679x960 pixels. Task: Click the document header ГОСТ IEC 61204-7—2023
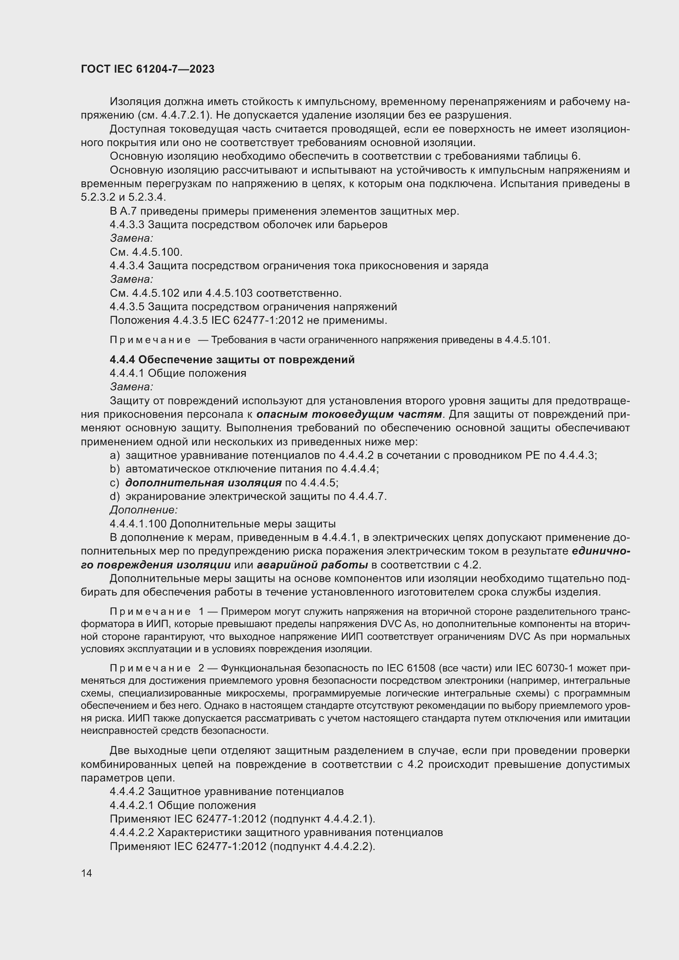point(148,69)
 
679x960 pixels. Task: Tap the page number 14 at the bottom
point(87,873)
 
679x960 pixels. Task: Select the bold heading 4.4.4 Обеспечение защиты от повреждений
point(232,360)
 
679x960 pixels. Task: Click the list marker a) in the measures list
point(115,455)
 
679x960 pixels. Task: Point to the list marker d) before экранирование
point(115,496)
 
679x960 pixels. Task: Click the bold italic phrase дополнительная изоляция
point(203,483)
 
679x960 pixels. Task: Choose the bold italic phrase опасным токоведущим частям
point(349,415)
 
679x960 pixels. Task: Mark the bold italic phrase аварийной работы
point(312,565)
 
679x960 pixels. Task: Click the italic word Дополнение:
point(144,510)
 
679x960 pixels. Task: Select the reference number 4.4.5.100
point(157,252)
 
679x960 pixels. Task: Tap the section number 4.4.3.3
point(127,225)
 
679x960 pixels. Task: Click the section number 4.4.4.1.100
point(138,524)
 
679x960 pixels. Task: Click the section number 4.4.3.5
point(127,307)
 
